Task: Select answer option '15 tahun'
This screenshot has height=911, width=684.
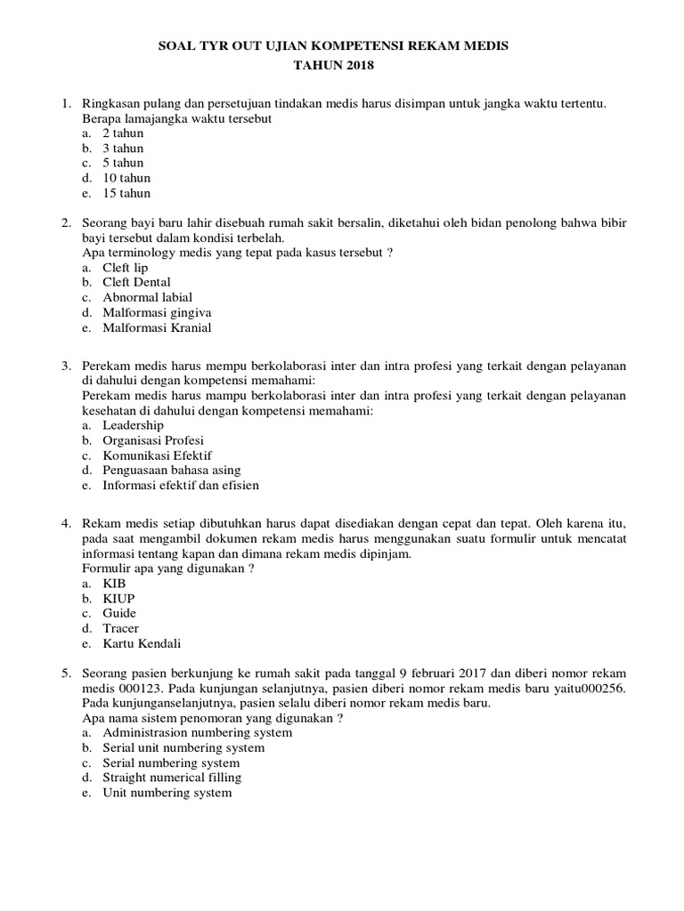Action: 126,193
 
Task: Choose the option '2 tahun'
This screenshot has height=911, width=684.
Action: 123,133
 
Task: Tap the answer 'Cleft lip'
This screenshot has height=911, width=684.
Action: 126,268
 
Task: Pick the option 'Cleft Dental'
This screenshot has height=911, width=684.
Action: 136,283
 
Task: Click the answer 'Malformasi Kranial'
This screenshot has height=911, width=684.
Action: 157,327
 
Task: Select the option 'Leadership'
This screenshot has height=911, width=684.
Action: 134,425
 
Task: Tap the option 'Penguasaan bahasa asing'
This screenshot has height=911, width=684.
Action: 172,471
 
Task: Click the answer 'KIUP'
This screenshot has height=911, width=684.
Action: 119,599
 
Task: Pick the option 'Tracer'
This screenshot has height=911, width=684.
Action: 121,628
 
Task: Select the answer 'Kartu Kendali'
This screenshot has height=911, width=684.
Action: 142,643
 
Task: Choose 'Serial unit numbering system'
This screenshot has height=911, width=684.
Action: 183,748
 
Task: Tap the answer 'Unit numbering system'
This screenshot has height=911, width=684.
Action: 167,793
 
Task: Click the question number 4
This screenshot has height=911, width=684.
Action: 65,524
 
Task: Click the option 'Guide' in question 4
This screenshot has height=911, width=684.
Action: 120,614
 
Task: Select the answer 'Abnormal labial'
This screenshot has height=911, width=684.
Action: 147,297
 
